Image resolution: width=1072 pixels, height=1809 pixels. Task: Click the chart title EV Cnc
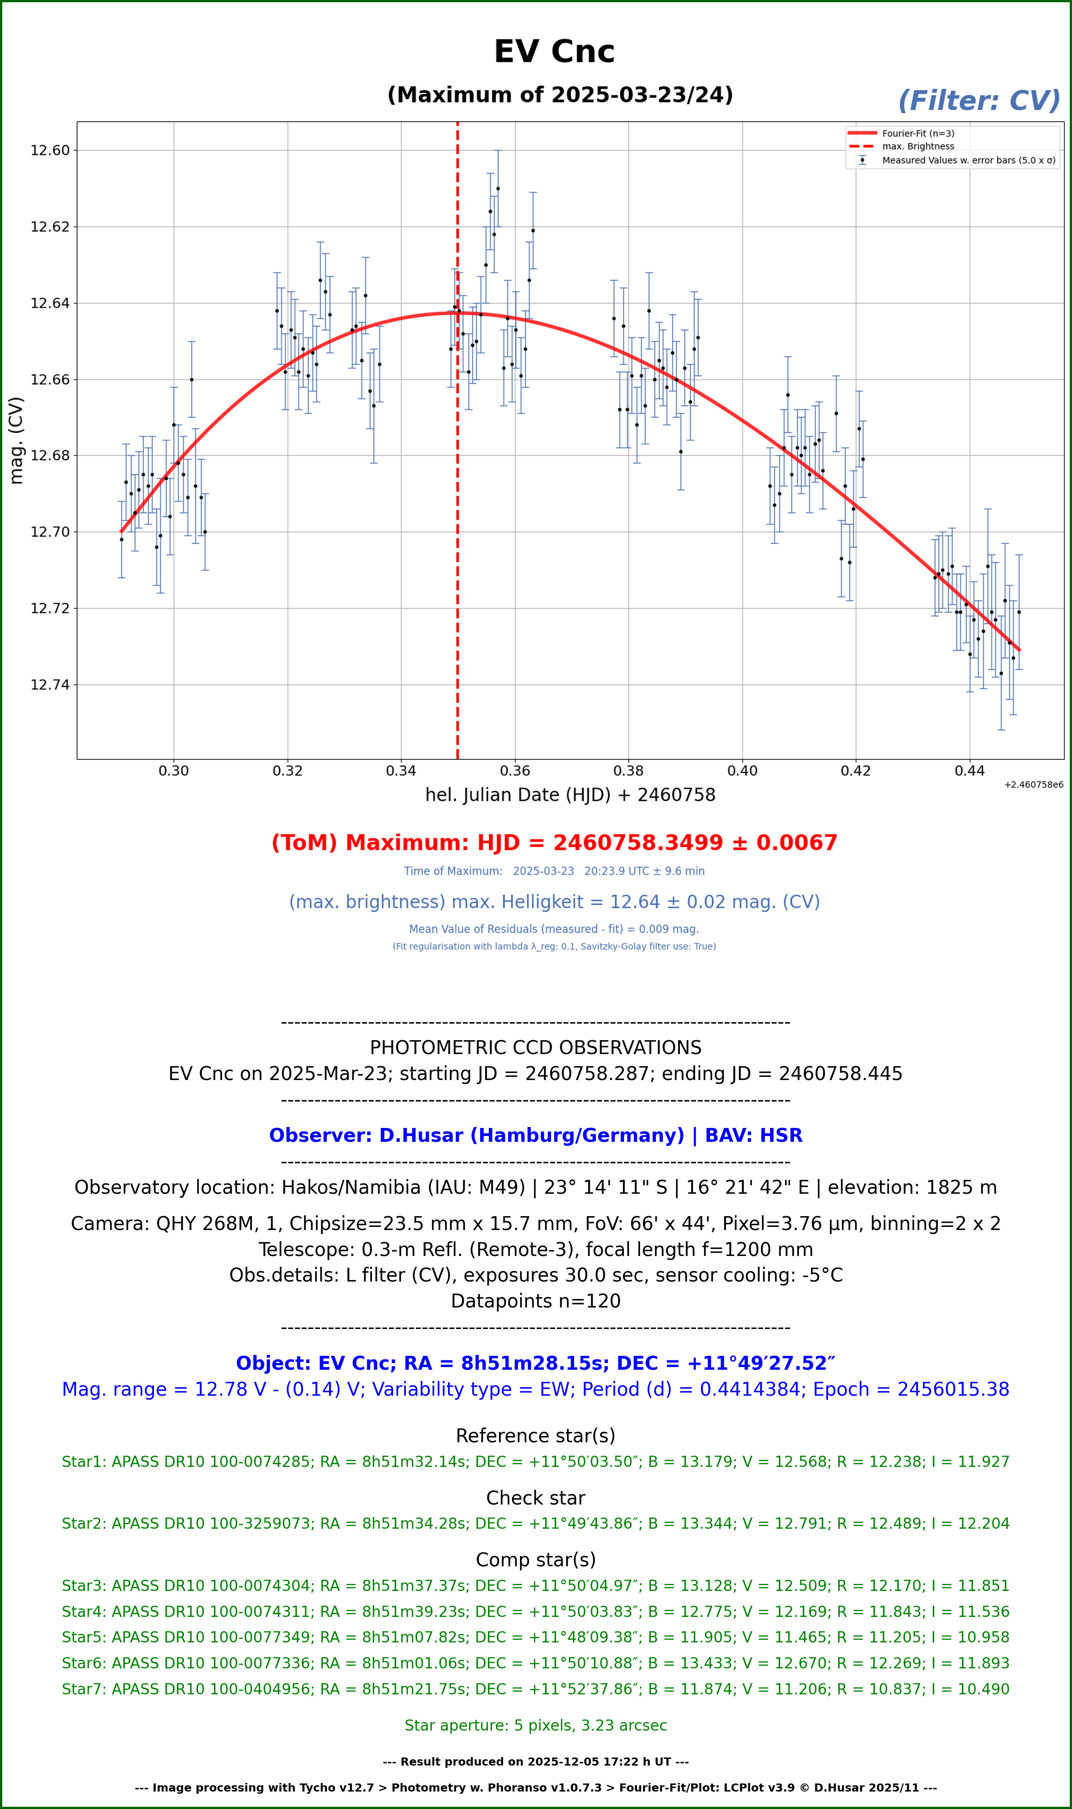point(554,52)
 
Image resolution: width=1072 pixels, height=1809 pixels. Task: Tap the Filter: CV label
point(979,101)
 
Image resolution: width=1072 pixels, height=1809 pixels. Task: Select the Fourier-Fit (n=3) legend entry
point(918,133)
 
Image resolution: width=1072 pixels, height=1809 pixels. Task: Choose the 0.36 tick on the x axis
point(515,771)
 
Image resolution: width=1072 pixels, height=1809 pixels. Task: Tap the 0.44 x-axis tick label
point(969,771)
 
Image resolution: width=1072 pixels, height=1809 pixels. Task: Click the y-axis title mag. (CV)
point(16,440)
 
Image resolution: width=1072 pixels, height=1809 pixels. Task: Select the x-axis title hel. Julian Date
point(570,795)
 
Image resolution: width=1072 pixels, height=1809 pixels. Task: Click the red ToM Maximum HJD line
point(554,843)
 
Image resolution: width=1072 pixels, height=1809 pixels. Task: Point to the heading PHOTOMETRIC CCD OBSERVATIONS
point(535,1048)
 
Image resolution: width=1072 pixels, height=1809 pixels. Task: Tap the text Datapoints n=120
point(535,1301)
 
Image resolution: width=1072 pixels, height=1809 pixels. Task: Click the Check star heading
point(535,1498)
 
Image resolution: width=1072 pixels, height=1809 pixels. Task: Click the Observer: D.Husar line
point(535,1136)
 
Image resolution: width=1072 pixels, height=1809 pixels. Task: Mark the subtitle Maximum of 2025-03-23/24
point(560,95)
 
